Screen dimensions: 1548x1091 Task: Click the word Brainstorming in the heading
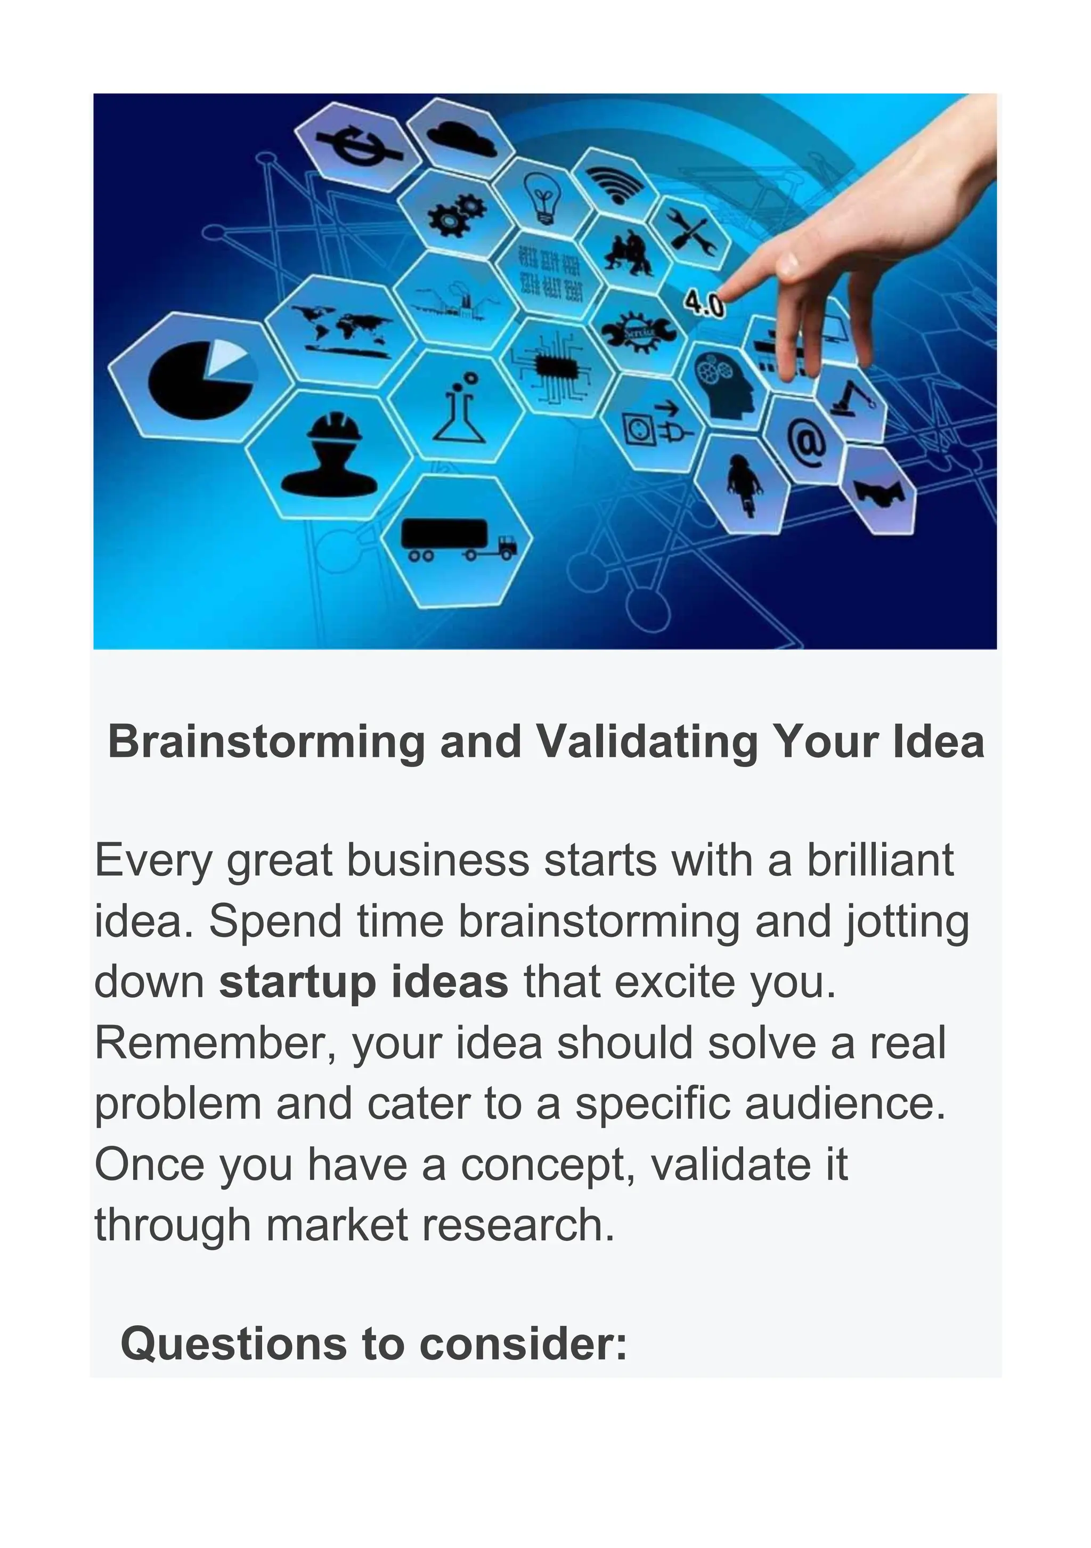[x=266, y=742]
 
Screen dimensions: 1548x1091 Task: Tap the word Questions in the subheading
[x=233, y=1343]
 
